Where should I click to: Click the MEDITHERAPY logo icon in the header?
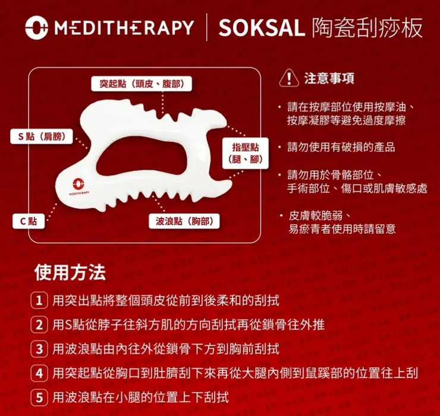coord(36,28)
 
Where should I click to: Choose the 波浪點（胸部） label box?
coord(184,221)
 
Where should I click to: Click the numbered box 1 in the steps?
coord(39,300)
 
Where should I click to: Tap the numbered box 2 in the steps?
coord(39,325)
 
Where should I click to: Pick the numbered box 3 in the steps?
coord(39,349)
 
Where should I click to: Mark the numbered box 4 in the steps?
coord(39,373)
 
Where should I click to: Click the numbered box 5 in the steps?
coord(39,397)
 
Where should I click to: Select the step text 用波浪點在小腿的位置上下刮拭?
coord(141,397)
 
